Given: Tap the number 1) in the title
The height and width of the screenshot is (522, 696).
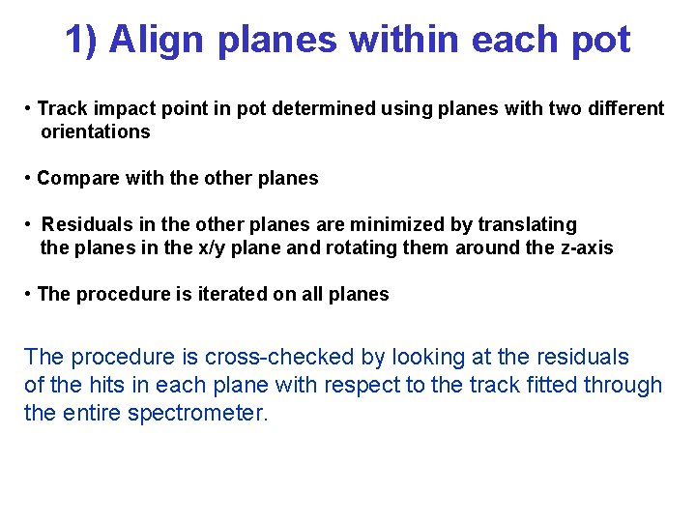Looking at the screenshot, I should click(82, 41).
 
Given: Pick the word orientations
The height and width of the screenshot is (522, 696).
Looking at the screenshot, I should click(95, 131).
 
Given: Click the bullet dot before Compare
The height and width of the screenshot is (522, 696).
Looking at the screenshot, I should click(29, 178).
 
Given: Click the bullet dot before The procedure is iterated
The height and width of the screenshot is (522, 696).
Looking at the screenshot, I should click(29, 294).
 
